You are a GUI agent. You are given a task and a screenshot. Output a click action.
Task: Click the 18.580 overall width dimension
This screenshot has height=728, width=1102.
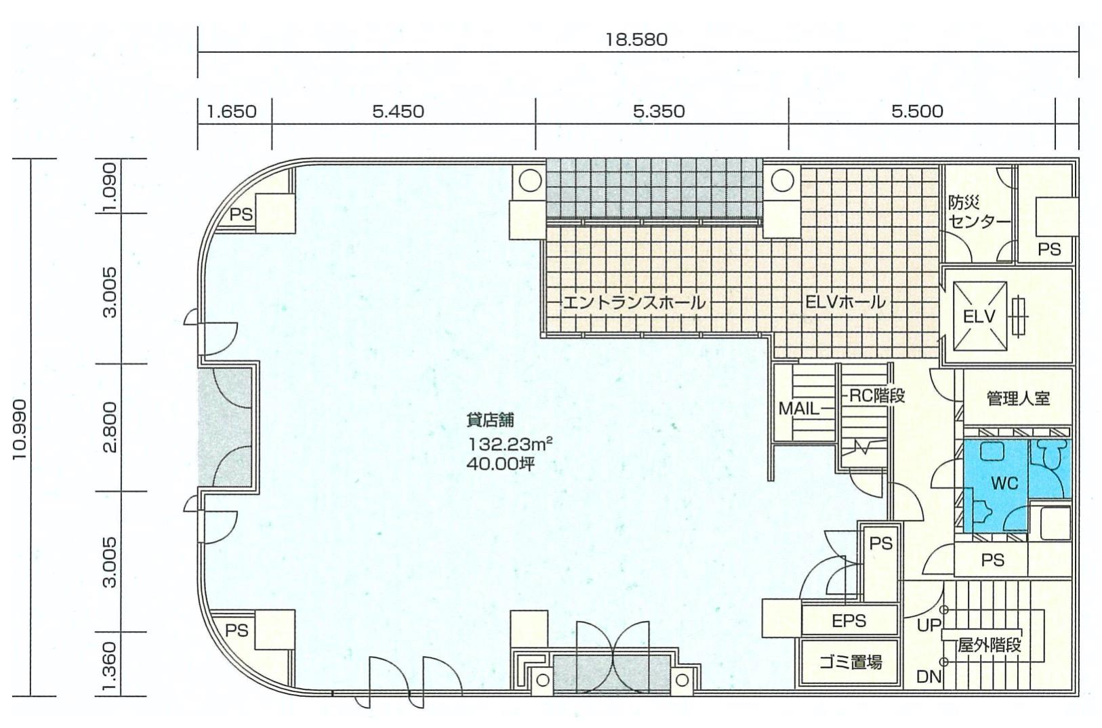click(x=636, y=39)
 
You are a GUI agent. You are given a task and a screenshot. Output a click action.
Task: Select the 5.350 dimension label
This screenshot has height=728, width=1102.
click(x=659, y=112)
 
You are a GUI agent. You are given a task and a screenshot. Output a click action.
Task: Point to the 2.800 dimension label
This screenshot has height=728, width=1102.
click(x=111, y=427)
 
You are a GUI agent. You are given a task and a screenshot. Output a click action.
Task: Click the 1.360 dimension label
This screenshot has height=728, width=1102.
click(x=111, y=666)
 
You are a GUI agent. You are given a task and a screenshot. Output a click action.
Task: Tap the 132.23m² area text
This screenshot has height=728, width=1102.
click(x=510, y=445)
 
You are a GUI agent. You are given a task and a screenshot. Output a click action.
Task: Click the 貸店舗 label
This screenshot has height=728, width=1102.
click(x=490, y=420)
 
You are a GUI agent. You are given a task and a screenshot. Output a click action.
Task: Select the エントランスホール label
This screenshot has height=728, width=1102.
click(x=634, y=302)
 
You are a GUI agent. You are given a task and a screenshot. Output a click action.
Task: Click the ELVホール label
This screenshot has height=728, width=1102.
click(x=845, y=302)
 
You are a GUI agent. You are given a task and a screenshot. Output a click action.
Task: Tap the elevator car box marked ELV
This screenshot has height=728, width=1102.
click(x=980, y=317)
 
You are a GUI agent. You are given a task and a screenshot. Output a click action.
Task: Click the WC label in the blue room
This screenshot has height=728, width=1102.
click(x=1004, y=483)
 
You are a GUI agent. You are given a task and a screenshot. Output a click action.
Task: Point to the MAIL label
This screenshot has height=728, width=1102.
click(x=799, y=408)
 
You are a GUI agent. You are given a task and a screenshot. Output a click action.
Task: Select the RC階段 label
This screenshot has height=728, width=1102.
click(x=877, y=396)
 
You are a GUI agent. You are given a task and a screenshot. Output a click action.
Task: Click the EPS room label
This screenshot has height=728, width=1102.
click(x=849, y=621)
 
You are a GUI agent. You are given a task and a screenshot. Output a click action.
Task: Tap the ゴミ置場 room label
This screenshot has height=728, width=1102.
click(x=851, y=662)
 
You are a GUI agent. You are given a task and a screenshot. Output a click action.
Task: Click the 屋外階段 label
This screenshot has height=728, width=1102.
click(x=989, y=645)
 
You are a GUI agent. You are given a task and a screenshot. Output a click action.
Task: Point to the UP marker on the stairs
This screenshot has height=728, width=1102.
click(x=928, y=626)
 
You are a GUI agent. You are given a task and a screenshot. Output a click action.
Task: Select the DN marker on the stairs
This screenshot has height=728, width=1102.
click(x=928, y=677)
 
